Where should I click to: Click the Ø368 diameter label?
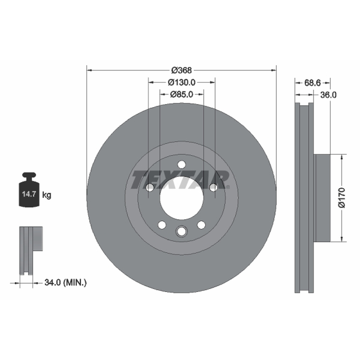click(181, 70)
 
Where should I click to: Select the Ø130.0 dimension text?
click(181, 82)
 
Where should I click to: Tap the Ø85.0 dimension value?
click(181, 94)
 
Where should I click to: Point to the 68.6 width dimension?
click(312, 83)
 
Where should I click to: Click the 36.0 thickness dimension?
click(328, 95)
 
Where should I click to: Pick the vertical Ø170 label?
click(342, 198)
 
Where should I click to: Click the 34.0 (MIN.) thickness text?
click(65, 283)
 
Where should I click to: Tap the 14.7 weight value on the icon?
click(29, 194)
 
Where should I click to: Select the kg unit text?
click(47, 195)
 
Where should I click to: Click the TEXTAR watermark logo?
click(180, 180)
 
